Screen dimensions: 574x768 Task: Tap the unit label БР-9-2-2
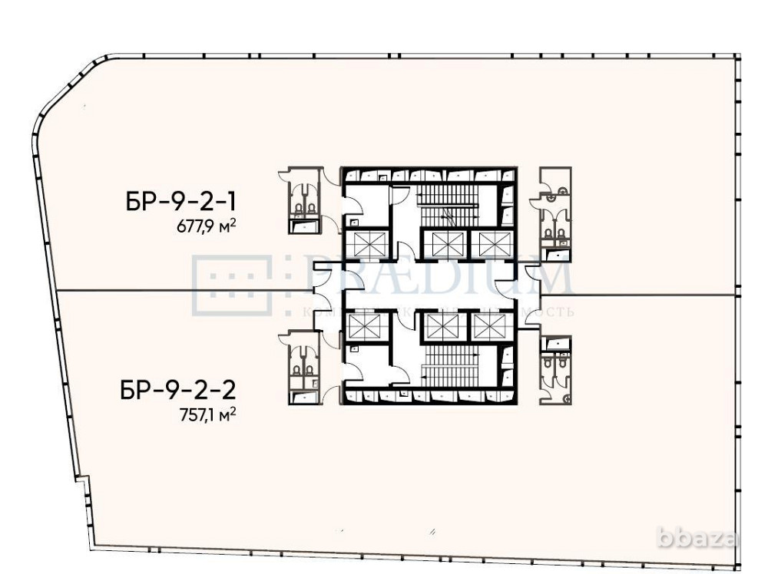[x=177, y=391]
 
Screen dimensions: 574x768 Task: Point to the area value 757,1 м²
[x=206, y=415]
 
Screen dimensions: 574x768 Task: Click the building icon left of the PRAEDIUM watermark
[x=233, y=285]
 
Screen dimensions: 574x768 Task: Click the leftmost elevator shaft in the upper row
[x=362, y=245]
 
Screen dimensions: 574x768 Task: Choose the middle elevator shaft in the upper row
[x=445, y=245]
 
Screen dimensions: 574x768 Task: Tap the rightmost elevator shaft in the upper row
[x=489, y=245]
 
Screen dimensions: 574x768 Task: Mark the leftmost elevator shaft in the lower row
[x=362, y=325]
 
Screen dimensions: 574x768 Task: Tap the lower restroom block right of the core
[x=555, y=369]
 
